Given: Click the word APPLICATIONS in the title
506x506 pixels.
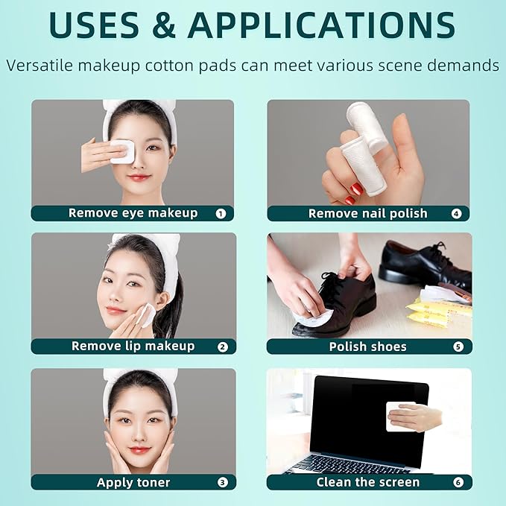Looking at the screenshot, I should tap(321, 25).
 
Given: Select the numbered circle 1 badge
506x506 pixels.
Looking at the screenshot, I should tap(221, 213).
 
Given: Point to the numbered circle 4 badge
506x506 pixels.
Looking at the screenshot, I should tap(456, 214).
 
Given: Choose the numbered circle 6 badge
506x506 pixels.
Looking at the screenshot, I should tap(458, 482).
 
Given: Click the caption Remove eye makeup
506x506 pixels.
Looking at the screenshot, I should tap(133, 213).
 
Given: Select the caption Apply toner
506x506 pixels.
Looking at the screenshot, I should tap(133, 482).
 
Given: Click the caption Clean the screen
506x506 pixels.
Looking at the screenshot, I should tap(367, 482).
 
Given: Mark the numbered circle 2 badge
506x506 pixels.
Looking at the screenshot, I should tap(222, 347).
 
